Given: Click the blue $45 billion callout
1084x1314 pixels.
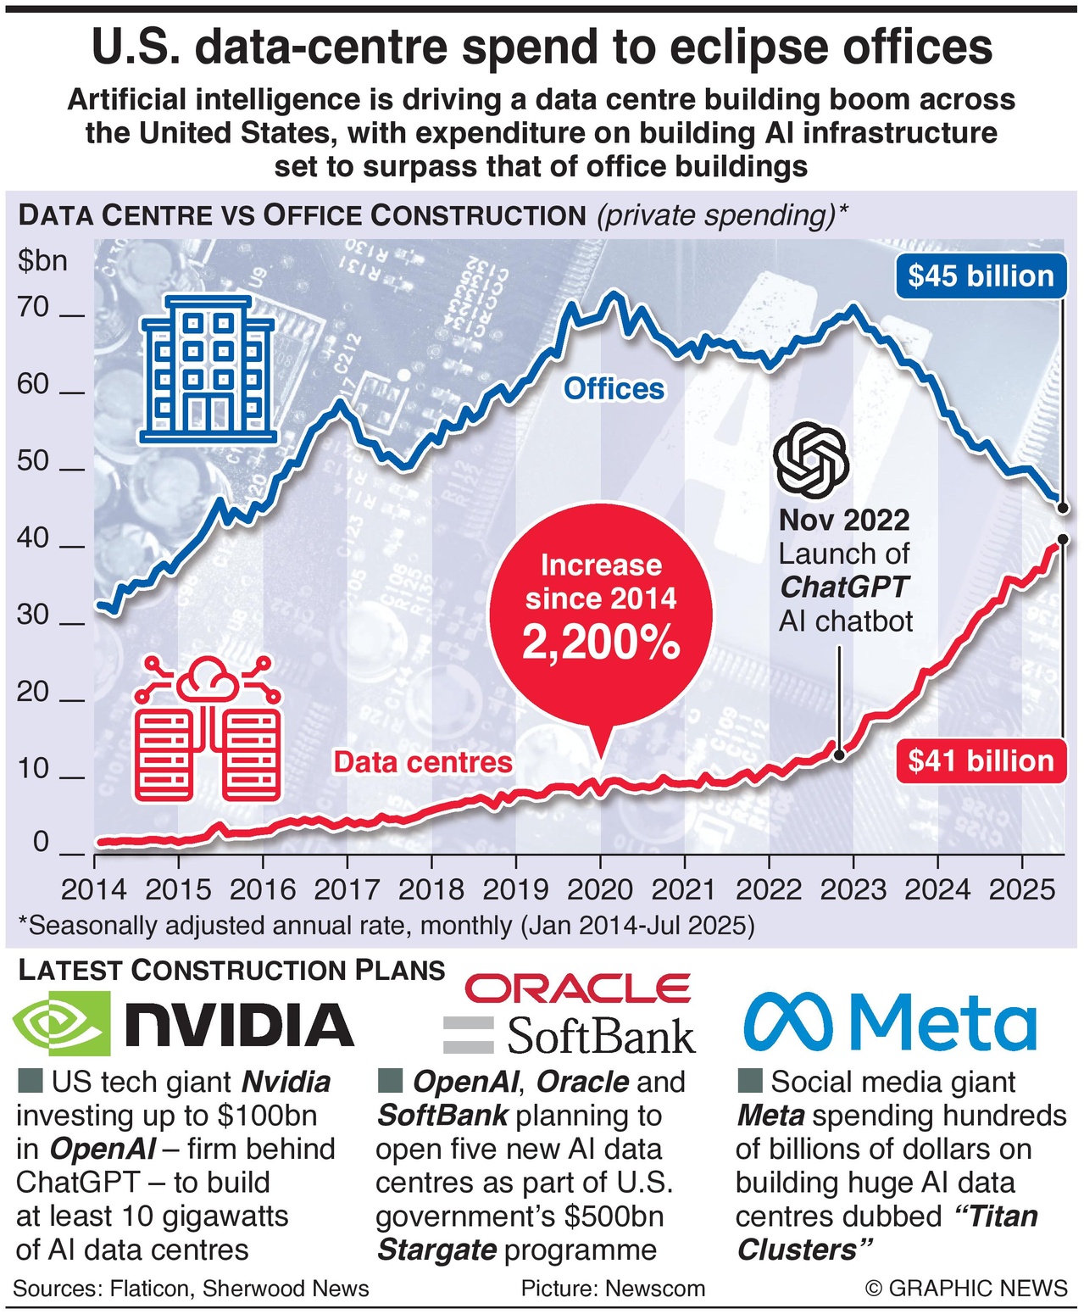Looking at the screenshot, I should [x=981, y=276].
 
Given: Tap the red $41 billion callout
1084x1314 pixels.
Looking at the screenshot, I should [x=981, y=760].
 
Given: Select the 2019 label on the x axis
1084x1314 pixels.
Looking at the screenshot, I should [x=515, y=889].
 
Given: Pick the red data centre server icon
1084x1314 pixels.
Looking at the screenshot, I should [x=208, y=728].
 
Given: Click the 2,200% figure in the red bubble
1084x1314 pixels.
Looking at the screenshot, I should [x=601, y=643].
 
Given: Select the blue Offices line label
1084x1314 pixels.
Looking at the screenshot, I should [x=614, y=389].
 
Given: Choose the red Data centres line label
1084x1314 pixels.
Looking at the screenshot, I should [x=423, y=762].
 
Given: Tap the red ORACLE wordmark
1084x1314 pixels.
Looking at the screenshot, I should [x=578, y=988].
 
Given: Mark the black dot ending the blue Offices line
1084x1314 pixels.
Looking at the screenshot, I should [x=1064, y=507].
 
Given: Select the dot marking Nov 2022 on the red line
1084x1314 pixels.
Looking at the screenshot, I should [x=838, y=753].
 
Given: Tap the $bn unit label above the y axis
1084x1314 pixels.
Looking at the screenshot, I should [x=42, y=260].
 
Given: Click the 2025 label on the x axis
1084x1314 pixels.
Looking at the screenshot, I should [x=1021, y=889].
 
